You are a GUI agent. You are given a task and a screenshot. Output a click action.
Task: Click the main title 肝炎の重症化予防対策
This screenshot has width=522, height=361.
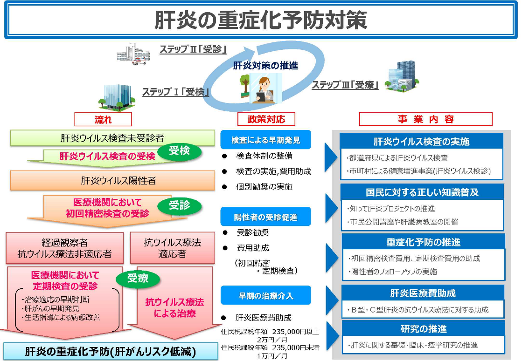[261, 20]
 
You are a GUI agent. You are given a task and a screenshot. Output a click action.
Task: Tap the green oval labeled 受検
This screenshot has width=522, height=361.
[180, 151]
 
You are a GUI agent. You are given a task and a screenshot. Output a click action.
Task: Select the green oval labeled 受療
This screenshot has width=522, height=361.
[138, 278]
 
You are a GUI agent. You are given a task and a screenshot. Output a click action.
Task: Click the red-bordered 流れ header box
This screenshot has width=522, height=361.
[103, 119]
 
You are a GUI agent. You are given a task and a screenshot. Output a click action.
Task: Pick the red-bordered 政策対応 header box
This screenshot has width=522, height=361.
[266, 119]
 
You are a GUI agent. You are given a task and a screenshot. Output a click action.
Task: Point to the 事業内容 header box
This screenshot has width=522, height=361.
[426, 119]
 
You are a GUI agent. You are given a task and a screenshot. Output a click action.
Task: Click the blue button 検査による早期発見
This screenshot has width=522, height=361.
[265, 140]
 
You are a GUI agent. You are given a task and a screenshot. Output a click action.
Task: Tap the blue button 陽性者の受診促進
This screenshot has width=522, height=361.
[265, 217]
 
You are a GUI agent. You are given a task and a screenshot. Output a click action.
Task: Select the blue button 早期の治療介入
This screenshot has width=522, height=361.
[265, 295]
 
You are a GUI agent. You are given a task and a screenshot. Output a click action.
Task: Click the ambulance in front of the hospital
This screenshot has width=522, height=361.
[139, 61]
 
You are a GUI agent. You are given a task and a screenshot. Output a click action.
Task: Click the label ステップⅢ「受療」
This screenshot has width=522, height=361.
[345, 85]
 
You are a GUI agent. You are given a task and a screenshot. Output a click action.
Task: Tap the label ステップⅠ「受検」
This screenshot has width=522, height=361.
[175, 92]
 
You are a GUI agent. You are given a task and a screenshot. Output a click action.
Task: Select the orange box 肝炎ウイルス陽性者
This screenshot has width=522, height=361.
[112, 181]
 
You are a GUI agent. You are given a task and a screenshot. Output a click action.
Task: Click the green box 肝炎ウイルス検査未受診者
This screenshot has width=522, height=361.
[112, 138]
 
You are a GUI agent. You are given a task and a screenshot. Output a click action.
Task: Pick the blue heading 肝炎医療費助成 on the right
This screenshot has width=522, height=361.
[423, 293]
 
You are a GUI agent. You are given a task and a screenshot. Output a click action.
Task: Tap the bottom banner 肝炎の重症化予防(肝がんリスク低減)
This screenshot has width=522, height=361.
[111, 351]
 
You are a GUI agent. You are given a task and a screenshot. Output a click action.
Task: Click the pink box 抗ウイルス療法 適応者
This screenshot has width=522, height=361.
[173, 248]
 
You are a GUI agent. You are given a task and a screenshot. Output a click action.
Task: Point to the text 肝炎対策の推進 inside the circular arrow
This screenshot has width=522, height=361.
[265, 66]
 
